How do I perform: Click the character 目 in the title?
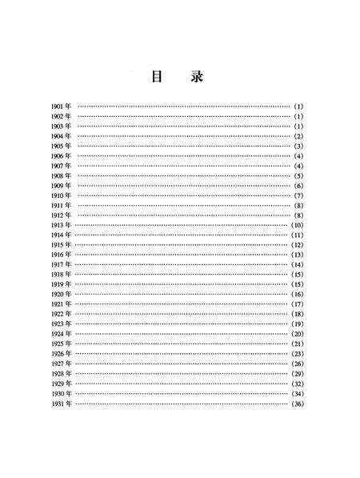158,77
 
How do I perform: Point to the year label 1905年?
62,146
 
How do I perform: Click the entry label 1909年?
62,186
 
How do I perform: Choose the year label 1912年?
62,215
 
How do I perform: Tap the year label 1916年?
62,255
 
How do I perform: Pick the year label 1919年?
62,284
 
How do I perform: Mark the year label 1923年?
62,323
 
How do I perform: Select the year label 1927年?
62,363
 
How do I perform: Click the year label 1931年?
62,403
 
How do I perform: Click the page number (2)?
298,136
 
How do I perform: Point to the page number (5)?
298,175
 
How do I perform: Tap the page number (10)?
297,225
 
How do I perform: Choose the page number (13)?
297,255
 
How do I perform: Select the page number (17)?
297,304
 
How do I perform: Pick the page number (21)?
297,343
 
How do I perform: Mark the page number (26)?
297,363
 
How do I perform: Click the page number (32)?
297,383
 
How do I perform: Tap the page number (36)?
297,403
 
